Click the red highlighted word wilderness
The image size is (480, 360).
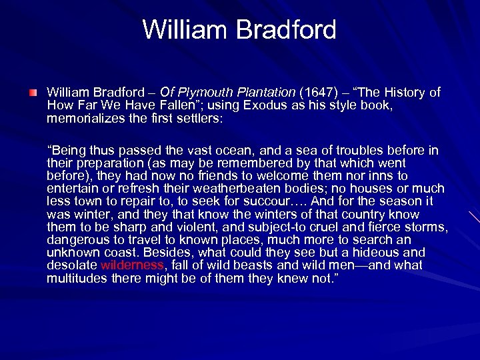(132, 265)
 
